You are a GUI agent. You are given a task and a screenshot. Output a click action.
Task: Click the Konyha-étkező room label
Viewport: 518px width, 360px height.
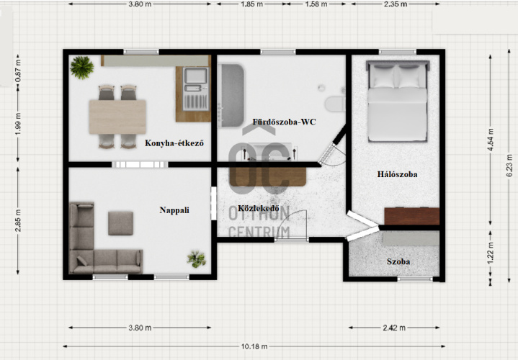pos(174,143)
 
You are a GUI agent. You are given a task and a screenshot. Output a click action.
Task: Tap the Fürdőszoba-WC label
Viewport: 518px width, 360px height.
pos(284,122)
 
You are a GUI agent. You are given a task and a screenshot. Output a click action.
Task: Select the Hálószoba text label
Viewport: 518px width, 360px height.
pos(397,174)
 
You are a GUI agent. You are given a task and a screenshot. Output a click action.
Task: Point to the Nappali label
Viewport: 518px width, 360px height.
pos(174,210)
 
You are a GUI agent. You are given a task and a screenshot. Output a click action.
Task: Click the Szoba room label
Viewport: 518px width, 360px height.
pos(398,261)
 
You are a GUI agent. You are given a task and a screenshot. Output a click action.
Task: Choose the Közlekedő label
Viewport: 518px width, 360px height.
pos(259,208)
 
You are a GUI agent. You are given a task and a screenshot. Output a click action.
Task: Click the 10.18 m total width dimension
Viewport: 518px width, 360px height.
pos(254,346)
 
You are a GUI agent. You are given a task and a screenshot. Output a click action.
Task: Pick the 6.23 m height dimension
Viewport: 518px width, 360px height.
pos(509,166)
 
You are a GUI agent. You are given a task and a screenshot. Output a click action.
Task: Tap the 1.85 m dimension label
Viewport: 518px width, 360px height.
pos(252,4)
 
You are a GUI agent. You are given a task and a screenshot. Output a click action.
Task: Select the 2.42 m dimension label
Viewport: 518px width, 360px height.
pos(394,328)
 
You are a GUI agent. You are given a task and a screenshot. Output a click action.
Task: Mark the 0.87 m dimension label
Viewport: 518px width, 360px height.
pos(18,71)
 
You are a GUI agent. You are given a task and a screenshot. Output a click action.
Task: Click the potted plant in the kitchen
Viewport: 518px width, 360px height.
pos(81,68)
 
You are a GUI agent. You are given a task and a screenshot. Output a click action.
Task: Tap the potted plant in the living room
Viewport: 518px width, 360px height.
pos(197,259)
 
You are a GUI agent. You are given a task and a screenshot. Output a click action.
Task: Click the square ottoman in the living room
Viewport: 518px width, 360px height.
pos(120,223)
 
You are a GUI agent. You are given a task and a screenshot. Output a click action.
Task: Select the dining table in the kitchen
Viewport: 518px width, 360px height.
pos(117,117)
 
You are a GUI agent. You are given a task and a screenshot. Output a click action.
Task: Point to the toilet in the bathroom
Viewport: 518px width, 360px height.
pos(335,104)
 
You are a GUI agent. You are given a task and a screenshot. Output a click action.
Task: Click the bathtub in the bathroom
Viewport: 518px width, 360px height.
pos(231,96)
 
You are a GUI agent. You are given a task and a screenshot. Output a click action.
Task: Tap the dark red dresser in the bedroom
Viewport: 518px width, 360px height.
pos(412,216)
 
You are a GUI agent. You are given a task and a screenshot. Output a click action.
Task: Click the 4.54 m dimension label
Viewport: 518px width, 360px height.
pos(490,140)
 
